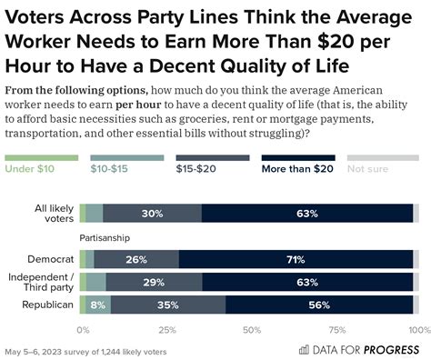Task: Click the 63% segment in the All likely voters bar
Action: pyautogui.click(x=306, y=214)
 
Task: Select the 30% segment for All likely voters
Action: pyautogui.click(x=152, y=214)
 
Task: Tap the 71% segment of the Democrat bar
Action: pyautogui.click(x=295, y=259)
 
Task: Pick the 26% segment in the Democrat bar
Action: pyautogui.click(x=136, y=259)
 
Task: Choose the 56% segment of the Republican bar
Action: pyautogui.click(x=318, y=305)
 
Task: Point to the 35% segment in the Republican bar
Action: pyautogui.click(x=167, y=305)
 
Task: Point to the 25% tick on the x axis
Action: pyautogui.click(x=166, y=329)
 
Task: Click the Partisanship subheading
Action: pyautogui.click(x=105, y=238)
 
